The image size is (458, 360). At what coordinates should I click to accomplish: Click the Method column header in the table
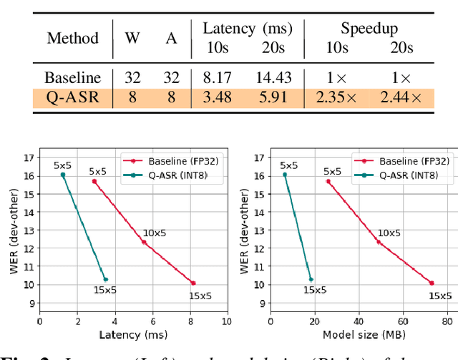(72, 38)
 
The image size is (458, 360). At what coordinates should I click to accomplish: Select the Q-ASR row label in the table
(72, 97)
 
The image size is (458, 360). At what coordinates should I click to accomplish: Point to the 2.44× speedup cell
(401, 97)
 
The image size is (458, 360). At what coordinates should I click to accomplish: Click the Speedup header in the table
(369, 29)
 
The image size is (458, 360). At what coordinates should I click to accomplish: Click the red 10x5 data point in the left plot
(144, 242)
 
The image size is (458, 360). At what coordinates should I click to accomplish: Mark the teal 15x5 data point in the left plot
(105, 279)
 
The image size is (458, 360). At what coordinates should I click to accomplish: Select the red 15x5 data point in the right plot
(432, 283)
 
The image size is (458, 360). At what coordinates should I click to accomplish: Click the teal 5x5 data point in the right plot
(284, 174)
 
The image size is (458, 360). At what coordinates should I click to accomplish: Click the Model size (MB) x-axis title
(360, 334)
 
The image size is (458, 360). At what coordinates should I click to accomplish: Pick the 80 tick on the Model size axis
(447, 321)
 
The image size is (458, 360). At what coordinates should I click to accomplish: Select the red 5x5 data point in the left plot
(94, 181)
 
